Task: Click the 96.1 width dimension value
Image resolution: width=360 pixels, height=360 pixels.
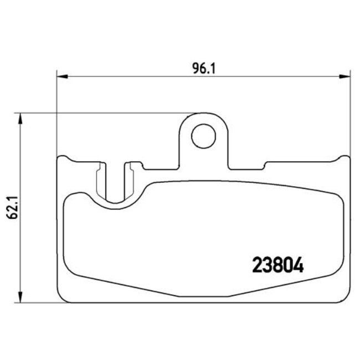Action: tap(203, 68)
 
